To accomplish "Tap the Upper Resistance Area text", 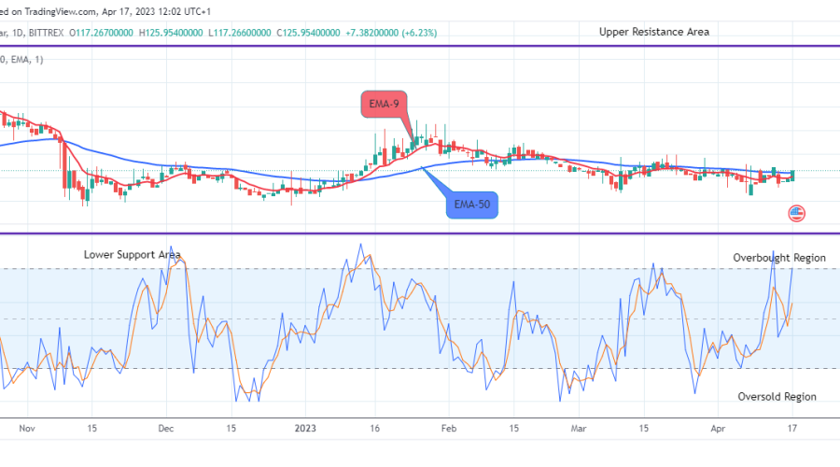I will pos(653,32).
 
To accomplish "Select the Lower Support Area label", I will pos(132,254).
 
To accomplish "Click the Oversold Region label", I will pos(777,397).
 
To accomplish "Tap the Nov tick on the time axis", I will pos(25,429).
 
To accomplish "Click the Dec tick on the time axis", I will pos(165,429).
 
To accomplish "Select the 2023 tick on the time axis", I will pos(306,429).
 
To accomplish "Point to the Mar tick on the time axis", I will pos(579,429).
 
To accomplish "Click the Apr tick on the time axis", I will pos(718,429).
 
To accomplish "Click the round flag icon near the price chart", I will pos(796,214).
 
